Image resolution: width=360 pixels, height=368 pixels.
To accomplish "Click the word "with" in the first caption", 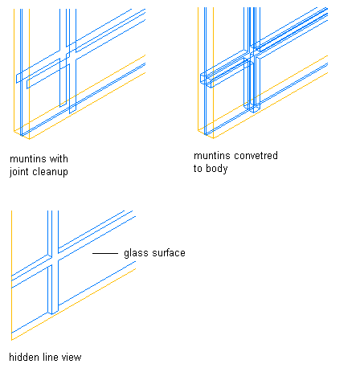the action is coord(59,159).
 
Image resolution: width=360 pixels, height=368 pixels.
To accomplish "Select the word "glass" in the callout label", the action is coord(136,253).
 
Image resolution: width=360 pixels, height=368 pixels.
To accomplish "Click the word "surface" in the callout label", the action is coord(168,253).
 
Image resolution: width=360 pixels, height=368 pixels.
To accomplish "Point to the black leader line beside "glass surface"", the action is coord(105,253).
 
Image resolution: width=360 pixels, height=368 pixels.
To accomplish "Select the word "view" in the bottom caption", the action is coord(72,357).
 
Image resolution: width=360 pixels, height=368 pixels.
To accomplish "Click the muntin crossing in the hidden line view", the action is coord(53,259).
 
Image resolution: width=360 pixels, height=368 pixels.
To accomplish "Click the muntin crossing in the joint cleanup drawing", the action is coord(67,55).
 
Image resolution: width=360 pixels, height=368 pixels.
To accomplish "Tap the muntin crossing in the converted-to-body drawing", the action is coord(252,55).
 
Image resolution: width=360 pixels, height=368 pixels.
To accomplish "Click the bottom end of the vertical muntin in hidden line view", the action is coord(53,313).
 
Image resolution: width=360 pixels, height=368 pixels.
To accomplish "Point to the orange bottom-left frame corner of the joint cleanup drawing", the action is coord(14,131).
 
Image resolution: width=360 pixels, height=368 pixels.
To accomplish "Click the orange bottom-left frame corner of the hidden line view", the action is coord(12,340).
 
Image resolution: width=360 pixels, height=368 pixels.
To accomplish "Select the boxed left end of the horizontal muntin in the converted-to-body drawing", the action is coord(207,80).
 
